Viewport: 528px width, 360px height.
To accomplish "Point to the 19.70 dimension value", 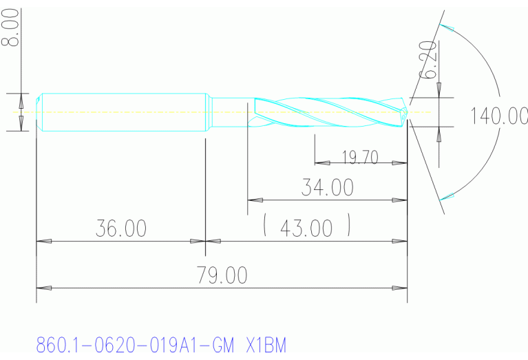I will coord(360,157).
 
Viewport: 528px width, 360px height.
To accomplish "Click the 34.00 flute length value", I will coord(327,187).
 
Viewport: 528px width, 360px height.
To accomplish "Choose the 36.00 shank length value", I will coord(121,229).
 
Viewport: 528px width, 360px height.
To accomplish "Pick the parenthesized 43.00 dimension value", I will coord(307,228).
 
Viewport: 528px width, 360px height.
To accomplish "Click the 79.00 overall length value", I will coord(222,275).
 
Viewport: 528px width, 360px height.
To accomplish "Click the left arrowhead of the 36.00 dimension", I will coord(43,242).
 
